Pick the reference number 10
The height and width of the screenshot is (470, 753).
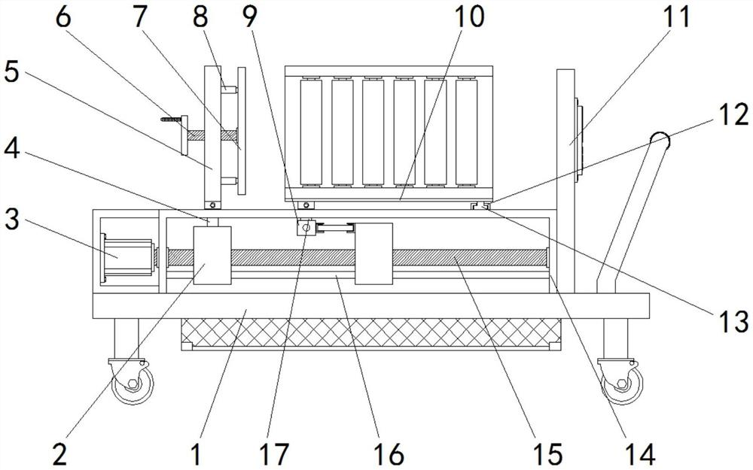pyautogui.click(x=469, y=17)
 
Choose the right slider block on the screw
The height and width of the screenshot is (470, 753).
pyautogui.click(x=373, y=253)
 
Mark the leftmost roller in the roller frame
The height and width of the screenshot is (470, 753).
pyautogui.click(x=310, y=132)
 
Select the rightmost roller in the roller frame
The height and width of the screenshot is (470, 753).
pyautogui.click(x=466, y=132)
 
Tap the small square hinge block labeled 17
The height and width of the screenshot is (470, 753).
pyautogui.click(x=305, y=226)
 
